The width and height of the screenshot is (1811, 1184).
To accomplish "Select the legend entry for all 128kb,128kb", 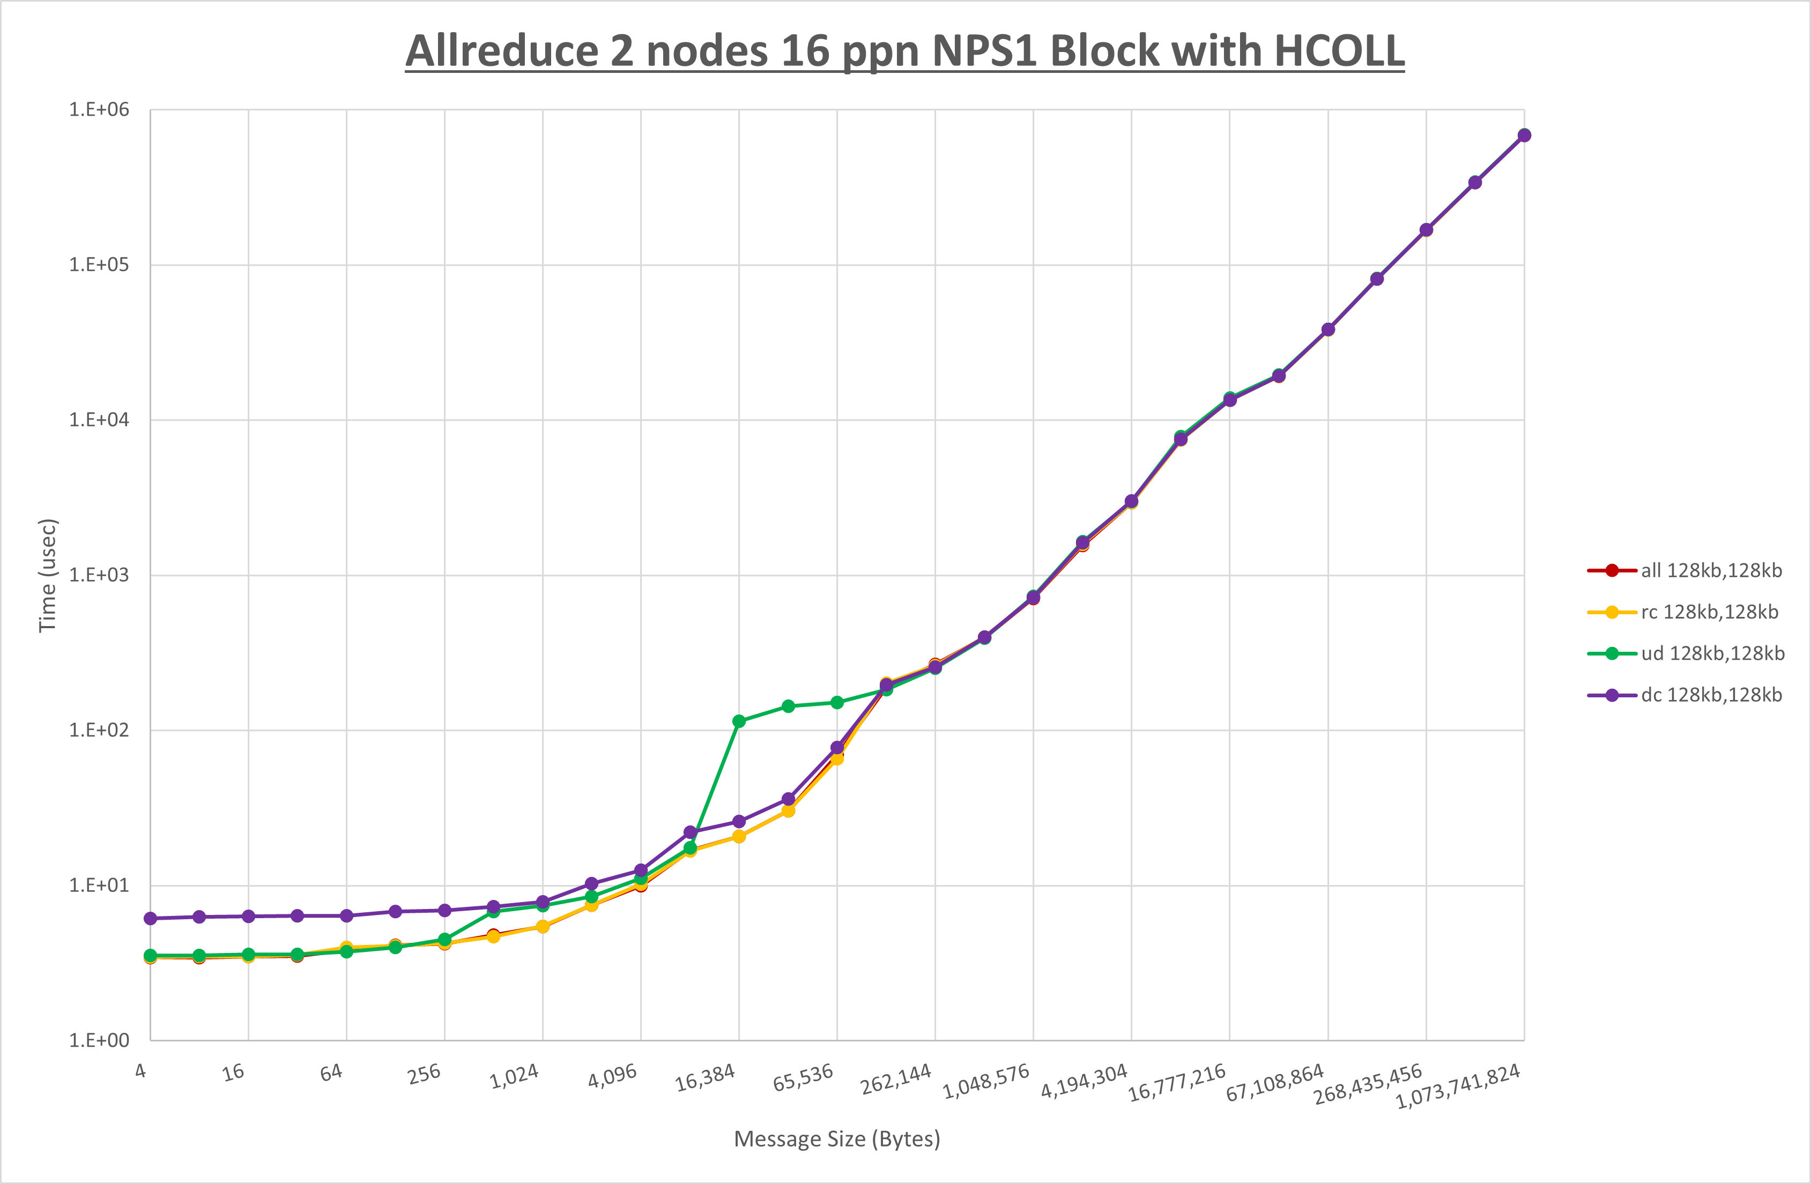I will point(1711,571).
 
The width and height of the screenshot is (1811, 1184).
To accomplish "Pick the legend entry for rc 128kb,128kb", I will point(1709,612).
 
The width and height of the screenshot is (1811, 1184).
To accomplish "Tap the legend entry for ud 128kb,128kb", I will point(1712,653).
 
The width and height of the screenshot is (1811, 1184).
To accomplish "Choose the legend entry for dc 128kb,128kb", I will point(1711,695).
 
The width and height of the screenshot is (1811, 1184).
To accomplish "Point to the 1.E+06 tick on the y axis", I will point(99,109).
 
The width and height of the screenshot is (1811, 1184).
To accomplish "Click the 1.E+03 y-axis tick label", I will point(99,575).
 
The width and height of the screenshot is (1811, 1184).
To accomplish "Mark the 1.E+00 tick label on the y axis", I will point(99,1040).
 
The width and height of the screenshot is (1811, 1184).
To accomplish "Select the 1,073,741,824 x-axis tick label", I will point(1457,1086).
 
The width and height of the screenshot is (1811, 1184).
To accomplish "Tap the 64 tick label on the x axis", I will point(331,1073).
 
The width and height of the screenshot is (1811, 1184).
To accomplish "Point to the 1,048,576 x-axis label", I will point(985,1081).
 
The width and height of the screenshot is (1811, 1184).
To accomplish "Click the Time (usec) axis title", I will point(47,575).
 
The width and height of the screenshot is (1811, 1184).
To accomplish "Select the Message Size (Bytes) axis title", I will point(836,1139).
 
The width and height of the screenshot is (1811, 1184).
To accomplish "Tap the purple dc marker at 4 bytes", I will point(150,919).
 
